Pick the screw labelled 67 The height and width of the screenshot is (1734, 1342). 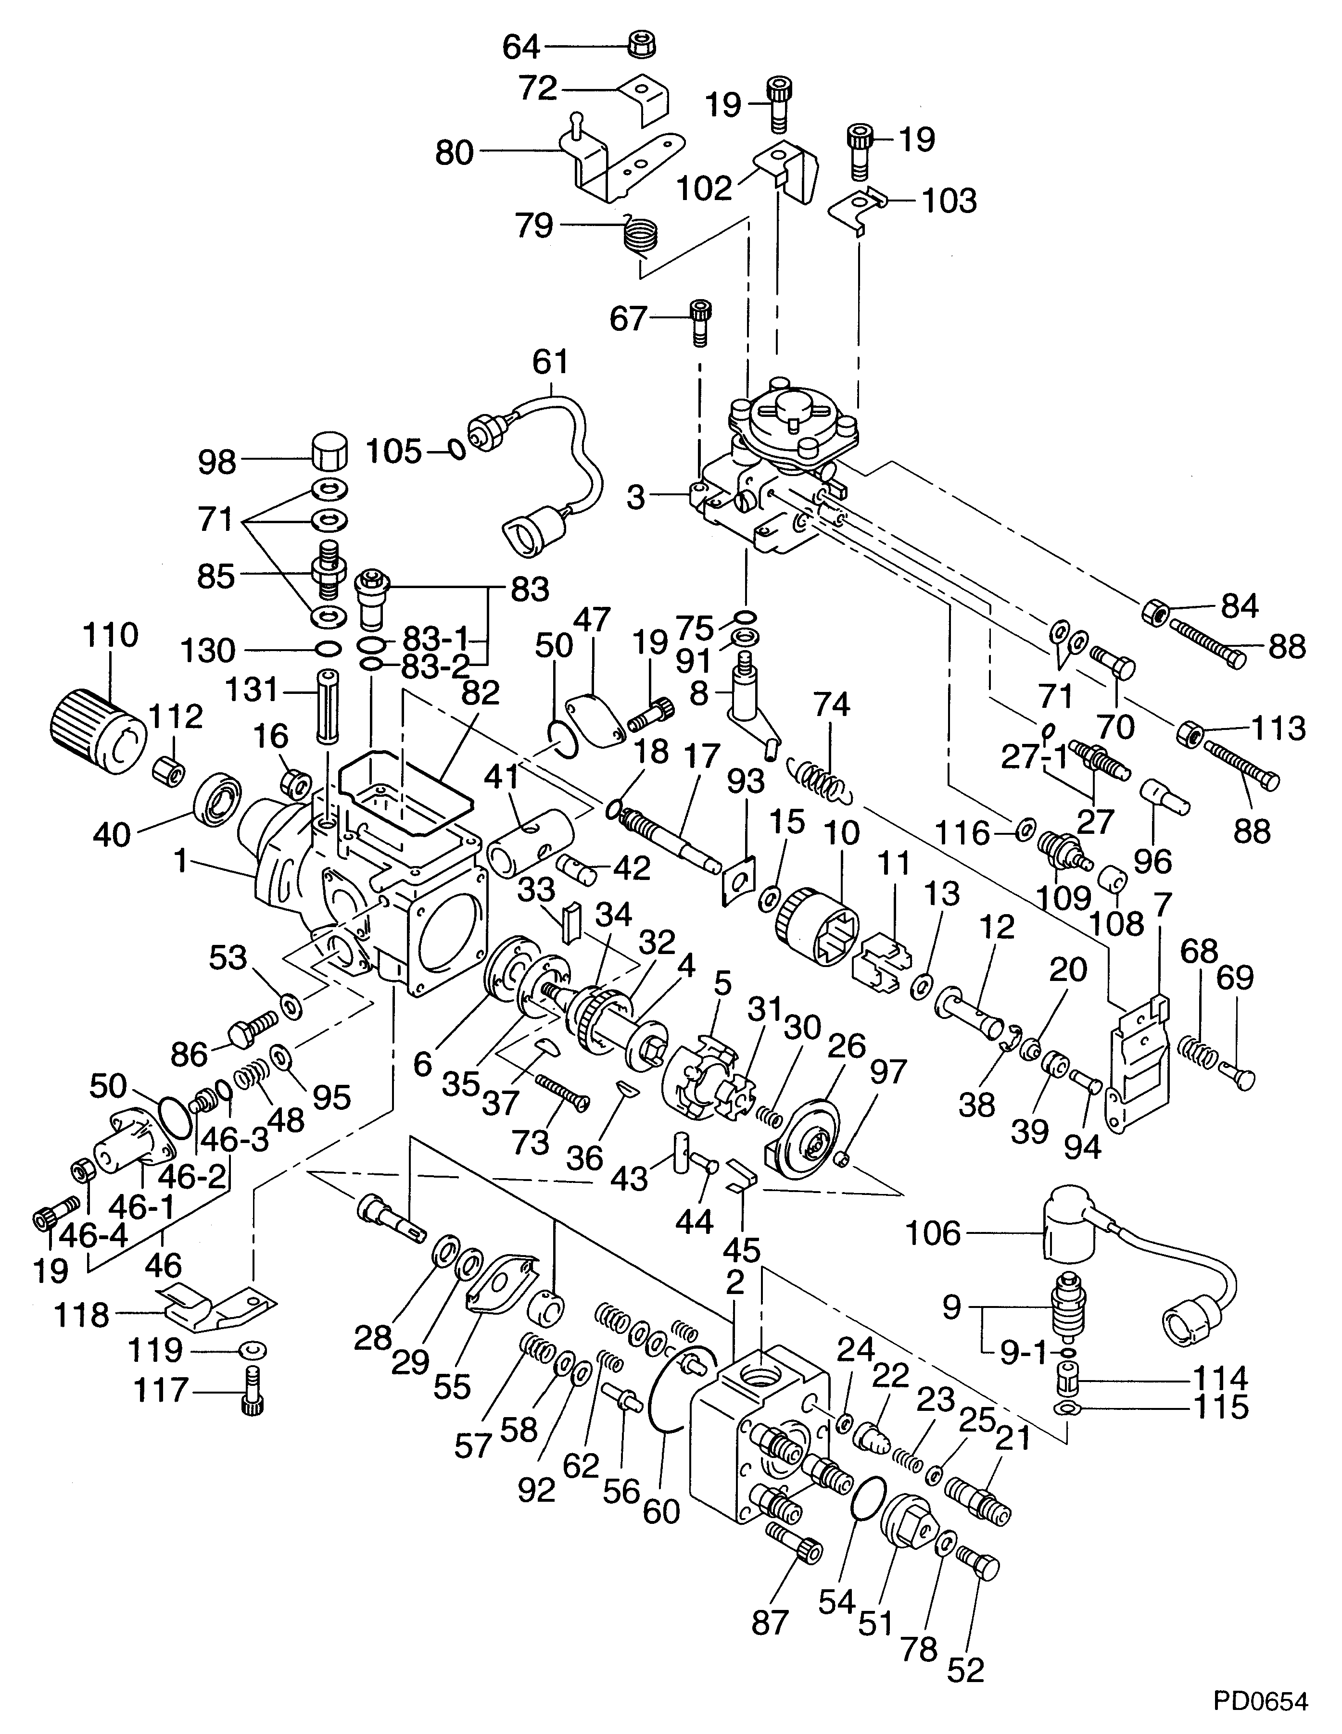pos(699,322)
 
